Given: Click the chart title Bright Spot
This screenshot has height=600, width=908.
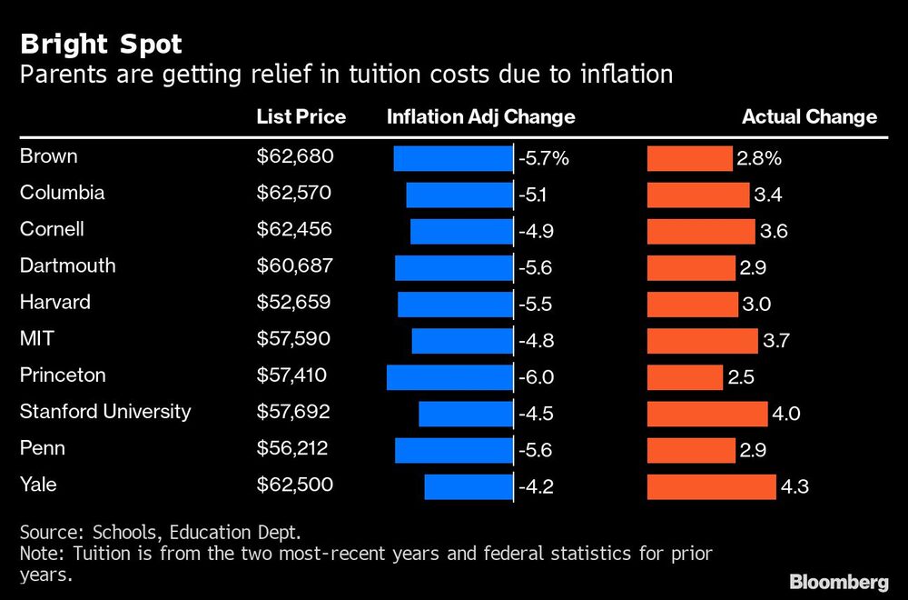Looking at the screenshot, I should pos(104,44).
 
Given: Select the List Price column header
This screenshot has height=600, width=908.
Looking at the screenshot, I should pos(301,116).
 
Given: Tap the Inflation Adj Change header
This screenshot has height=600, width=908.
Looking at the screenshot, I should pos(480,116).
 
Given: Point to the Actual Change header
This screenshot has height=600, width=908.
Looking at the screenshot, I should pos(809,116).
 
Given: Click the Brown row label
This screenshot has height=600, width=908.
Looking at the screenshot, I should pos(49,156).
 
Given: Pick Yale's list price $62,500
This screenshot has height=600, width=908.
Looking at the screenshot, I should pos(295,485).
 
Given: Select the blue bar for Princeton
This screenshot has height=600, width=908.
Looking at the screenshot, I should pos(449,376).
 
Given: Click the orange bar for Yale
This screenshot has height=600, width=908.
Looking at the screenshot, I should pos(711,486).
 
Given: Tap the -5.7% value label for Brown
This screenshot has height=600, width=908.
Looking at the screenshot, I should pos(543,158).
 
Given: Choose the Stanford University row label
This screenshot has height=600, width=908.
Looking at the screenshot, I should pos(105,411).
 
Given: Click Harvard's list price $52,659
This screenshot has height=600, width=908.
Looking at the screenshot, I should pos(294,302).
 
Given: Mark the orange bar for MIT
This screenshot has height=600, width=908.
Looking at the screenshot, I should pos(702,340).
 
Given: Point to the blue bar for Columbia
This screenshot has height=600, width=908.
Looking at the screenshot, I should pos(459,195).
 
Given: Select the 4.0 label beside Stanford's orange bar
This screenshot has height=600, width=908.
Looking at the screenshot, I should pos(785,414).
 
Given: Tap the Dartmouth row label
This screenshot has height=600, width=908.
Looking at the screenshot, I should pos(68,265).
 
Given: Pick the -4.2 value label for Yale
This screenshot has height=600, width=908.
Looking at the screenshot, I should pos(536,487).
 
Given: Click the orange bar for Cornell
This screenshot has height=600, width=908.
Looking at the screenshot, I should pos(700,231).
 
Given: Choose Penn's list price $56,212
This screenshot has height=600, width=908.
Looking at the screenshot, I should pos(292,448).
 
